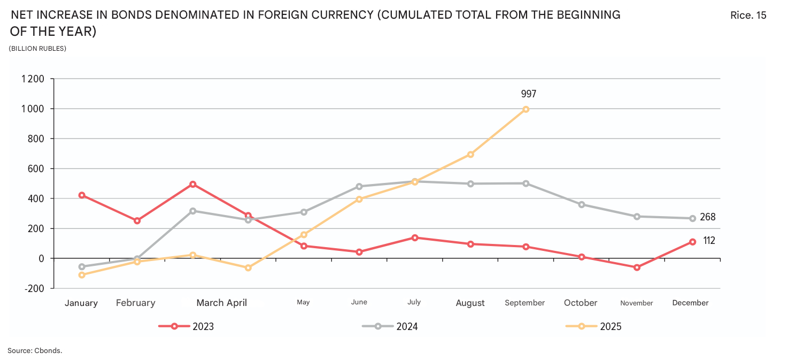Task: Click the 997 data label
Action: tap(528, 94)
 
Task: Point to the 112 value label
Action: tap(709, 241)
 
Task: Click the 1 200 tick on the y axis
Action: tap(33, 79)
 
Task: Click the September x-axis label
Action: tap(524, 303)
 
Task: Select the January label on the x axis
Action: tap(81, 303)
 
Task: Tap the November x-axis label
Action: tap(636, 303)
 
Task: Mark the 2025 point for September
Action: tap(526, 109)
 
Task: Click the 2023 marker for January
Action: tap(82, 195)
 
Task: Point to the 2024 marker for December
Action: tap(692, 218)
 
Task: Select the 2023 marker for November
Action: tap(637, 267)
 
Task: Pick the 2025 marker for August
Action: tap(470, 155)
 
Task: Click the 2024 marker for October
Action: tap(581, 204)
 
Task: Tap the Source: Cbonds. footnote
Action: tap(35, 350)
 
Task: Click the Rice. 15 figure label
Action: tap(748, 16)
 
